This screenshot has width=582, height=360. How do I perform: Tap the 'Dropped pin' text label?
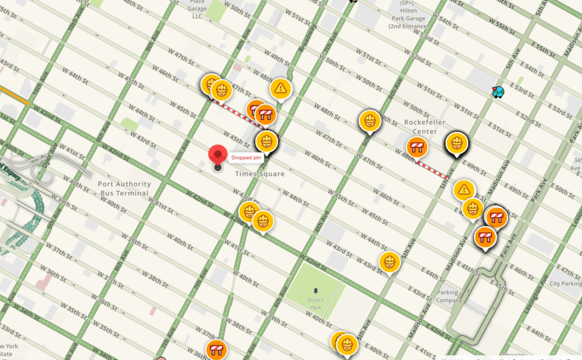(x=245, y=158)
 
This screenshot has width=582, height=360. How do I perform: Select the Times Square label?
(x=260, y=174)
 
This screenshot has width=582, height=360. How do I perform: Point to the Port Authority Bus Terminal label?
(x=124, y=188)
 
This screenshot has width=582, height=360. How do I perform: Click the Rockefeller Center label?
(x=425, y=127)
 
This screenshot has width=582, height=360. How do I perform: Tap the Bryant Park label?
(x=314, y=303)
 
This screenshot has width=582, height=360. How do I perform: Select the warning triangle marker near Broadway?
(x=280, y=88)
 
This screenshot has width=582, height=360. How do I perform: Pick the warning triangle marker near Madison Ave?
(x=465, y=189)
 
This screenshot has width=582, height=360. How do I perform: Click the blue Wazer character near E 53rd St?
(x=498, y=91)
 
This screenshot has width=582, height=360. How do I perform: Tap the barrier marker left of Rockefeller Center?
(x=418, y=147)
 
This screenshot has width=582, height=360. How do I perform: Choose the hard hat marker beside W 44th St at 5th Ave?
(x=390, y=262)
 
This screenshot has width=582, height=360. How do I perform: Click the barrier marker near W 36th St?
(x=217, y=349)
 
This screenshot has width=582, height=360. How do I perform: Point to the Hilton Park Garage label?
(x=410, y=15)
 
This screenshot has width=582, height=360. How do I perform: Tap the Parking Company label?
(x=448, y=296)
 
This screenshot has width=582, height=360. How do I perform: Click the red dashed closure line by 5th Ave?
(x=431, y=170)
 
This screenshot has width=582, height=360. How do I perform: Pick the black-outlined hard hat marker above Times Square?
(x=266, y=140)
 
